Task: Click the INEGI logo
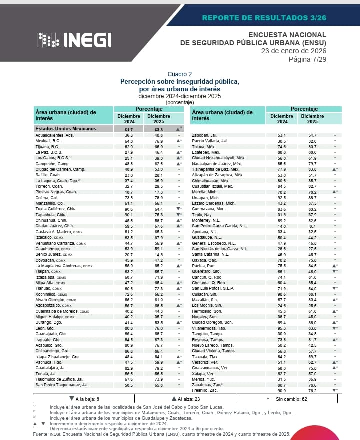74,40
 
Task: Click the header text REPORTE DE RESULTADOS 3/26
264,18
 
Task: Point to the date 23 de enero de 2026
293,51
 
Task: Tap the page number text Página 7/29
307,60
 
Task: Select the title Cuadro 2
179,74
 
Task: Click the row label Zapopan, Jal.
204,135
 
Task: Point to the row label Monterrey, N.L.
207,220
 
